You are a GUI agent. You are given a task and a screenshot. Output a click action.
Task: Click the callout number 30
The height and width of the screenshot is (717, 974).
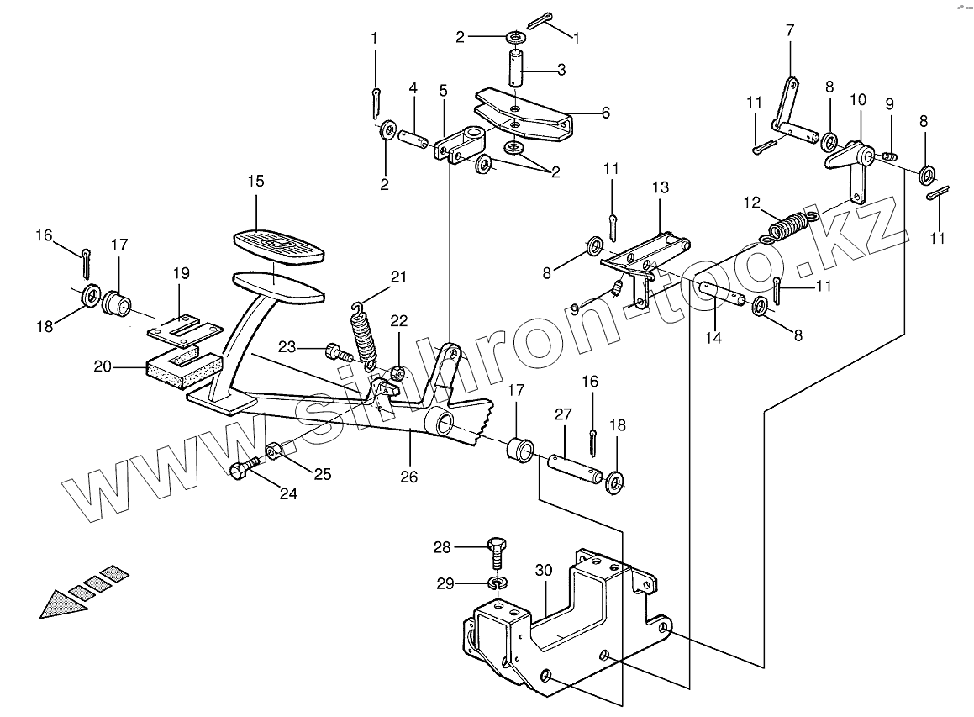click(x=544, y=570)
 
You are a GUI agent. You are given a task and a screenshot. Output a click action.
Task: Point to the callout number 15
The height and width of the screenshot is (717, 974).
click(x=255, y=181)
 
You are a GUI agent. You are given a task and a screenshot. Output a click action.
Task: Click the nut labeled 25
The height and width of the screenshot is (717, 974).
click(x=275, y=453)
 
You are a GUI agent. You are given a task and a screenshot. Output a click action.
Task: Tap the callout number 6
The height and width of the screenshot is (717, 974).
click(x=605, y=112)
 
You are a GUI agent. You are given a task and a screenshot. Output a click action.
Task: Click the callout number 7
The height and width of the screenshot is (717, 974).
click(x=790, y=31)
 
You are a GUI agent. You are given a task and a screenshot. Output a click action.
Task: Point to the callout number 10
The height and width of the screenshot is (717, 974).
click(x=858, y=100)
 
